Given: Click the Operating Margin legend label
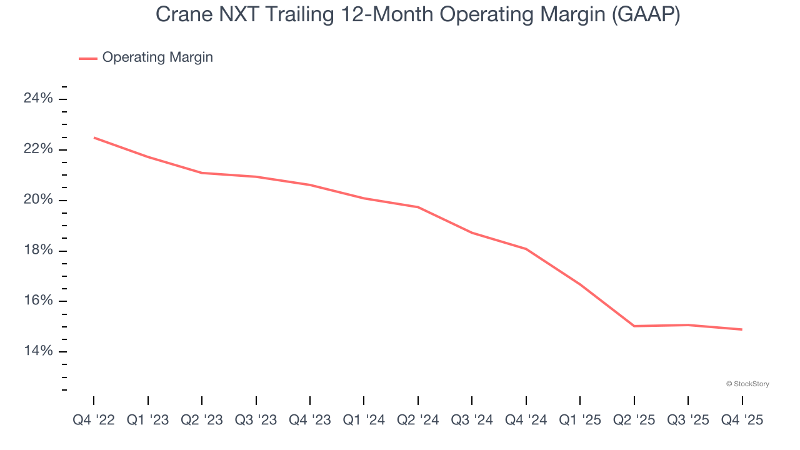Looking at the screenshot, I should [x=157, y=57].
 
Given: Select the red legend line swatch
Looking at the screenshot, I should [x=88, y=58].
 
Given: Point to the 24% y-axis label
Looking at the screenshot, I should [x=38, y=99].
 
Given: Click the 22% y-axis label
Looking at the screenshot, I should [x=38, y=149].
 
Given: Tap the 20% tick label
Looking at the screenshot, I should [x=38, y=200].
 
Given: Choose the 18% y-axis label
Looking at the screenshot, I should [x=38, y=251].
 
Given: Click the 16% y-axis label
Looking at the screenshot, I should [x=38, y=301].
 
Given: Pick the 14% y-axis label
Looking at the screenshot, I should [x=38, y=351].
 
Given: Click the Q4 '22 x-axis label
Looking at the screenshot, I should [x=94, y=421].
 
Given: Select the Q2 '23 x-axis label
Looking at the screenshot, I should [x=202, y=421].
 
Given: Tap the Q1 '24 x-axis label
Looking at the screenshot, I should [x=364, y=421].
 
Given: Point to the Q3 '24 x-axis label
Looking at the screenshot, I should [x=472, y=421].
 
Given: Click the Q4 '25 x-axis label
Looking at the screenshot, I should [x=742, y=421].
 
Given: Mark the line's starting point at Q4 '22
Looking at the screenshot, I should [x=94, y=137].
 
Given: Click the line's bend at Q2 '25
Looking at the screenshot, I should [x=634, y=326].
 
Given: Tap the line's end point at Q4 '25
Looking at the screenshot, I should [x=742, y=329].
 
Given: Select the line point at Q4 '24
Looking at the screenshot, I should [x=526, y=249].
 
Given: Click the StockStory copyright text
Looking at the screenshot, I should [x=747, y=384].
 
